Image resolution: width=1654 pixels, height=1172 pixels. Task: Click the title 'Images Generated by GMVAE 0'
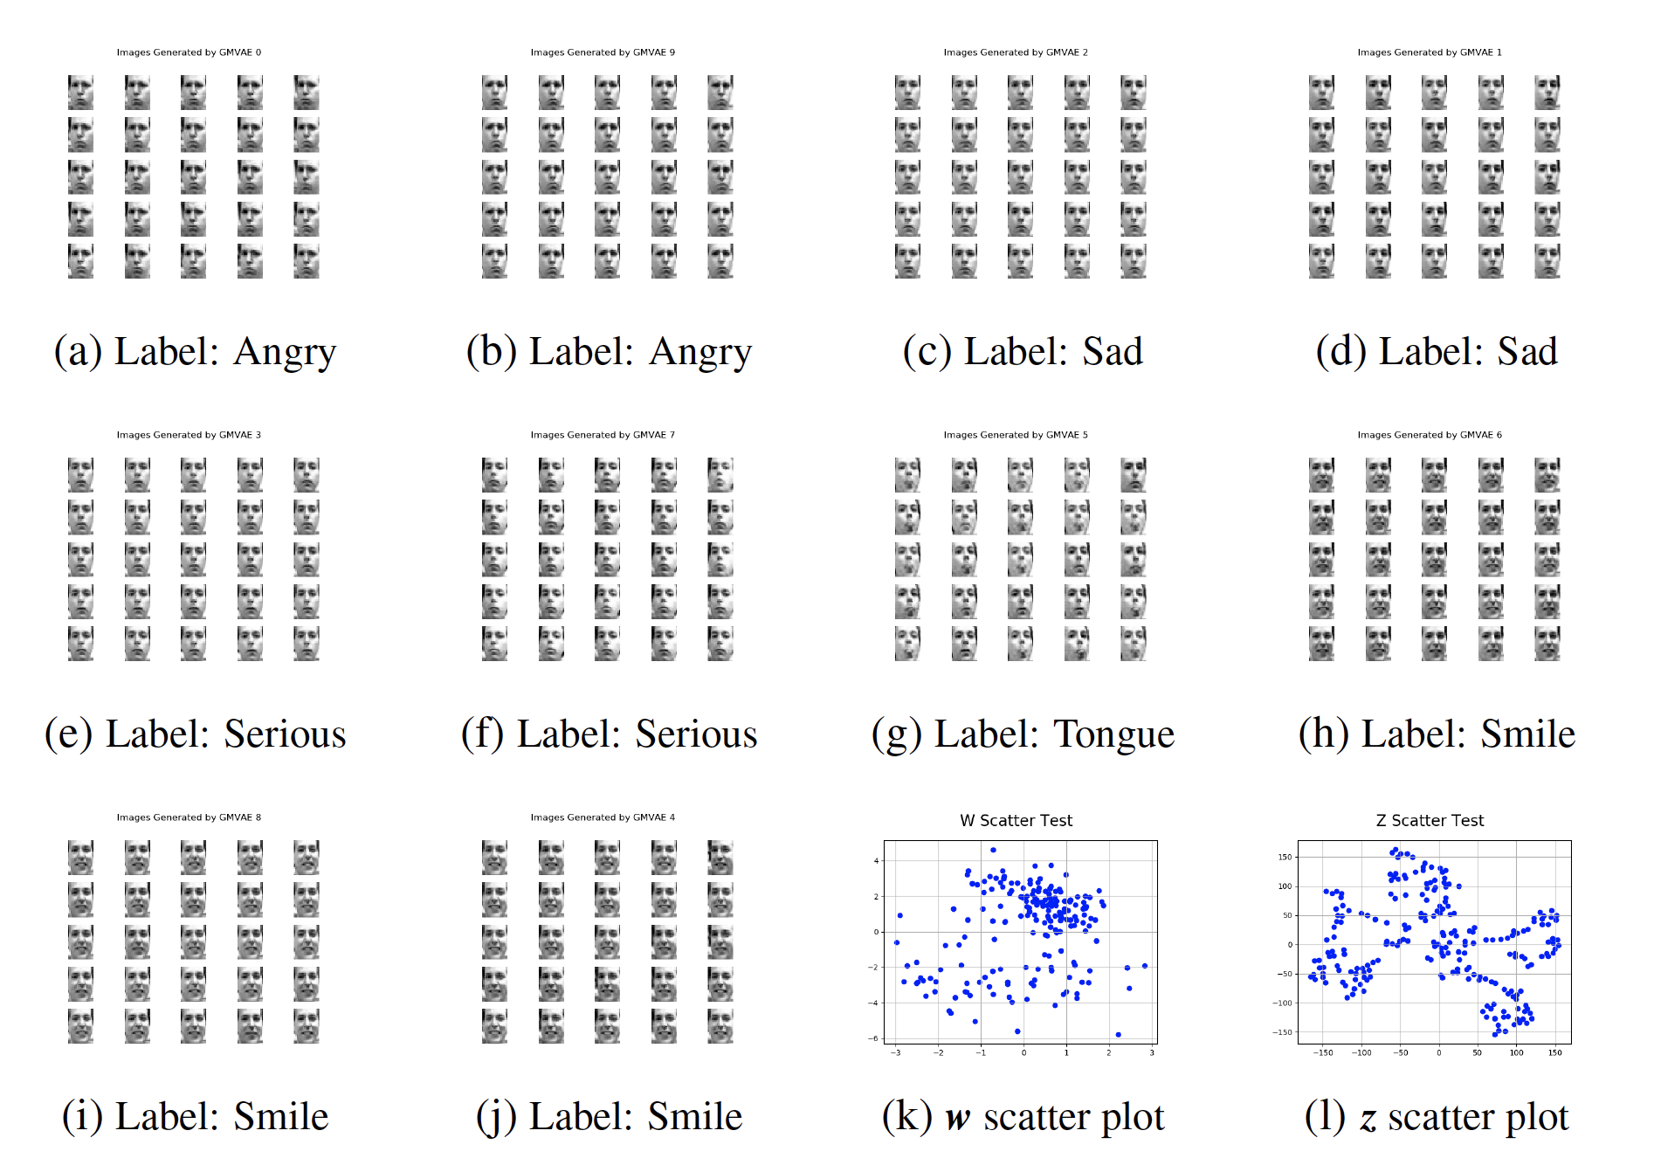pyautogui.click(x=189, y=52)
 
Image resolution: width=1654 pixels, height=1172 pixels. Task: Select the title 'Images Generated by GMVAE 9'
pyautogui.click(x=603, y=52)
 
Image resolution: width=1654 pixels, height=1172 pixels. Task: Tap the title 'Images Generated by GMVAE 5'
pyautogui.click(x=1016, y=435)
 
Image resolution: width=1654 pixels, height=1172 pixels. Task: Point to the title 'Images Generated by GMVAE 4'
pyautogui.click(x=603, y=817)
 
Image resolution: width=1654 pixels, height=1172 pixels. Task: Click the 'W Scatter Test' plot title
pyautogui.click(x=1016, y=821)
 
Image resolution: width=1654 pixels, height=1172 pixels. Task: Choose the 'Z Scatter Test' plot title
pyautogui.click(x=1430, y=821)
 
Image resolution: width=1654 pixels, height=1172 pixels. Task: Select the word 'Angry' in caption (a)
pyautogui.click(x=285, y=352)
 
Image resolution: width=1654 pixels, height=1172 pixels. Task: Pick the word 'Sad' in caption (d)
pyautogui.click(x=1527, y=352)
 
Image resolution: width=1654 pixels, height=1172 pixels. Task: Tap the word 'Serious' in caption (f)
pyautogui.click(x=696, y=734)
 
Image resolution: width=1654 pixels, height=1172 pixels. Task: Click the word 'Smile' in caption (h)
pyautogui.click(x=1527, y=734)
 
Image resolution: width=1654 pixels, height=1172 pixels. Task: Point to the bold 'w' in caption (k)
pyautogui.click(x=958, y=1118)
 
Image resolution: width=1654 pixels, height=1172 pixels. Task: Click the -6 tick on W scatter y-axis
pyautogui.click(x=874, y=1038)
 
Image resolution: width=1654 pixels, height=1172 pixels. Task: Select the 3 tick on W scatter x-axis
pyautogui.click(x=1152, y=1053)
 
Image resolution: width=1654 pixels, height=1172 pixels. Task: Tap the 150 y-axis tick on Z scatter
pyautogui.click(x=1285, y=857)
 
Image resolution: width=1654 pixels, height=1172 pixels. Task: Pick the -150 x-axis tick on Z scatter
pyautogui.click(x=1323, y=1053)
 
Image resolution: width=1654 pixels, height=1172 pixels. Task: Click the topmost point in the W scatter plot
pyautogui.click(x=993, y=850)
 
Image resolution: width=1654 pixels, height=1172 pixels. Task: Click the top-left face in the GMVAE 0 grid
pyautogui.click(x=80, y=93)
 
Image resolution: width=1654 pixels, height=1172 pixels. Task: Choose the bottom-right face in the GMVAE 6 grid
pyautogui.click(x=1547, y=644)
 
